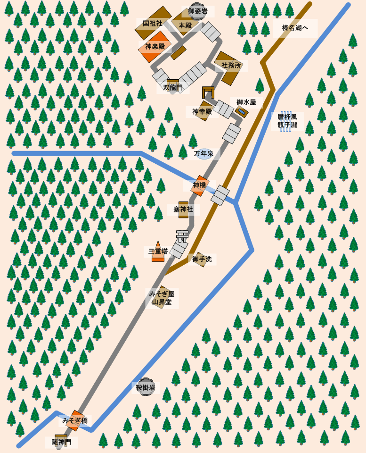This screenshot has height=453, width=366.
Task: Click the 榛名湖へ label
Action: [x=295, y=28]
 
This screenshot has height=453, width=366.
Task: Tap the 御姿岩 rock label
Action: [x=198, y=11]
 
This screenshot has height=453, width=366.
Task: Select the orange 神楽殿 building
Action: [x=155, y=47]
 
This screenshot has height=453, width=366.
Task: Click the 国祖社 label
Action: [x=153, y=23]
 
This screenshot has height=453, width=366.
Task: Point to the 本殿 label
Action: [x=185, y=25]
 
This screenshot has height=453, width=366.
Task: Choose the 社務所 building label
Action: [x=231, y=66]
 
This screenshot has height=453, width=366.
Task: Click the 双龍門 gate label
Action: [x=173, y=87]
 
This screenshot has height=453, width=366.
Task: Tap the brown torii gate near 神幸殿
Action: [x=208, y=92]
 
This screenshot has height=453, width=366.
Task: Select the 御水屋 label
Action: [x=246, y=102]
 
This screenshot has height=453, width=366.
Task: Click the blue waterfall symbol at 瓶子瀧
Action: [x=286, y=121]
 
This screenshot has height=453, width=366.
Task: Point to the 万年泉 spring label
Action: [x=204, y=154]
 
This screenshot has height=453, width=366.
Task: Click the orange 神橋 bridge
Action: [x=200, y=185]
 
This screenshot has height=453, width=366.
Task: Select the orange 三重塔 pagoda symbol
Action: [x=158, y=252]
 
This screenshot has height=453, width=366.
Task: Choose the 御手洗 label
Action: [x=202, y=259]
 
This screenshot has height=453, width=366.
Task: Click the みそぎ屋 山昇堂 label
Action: [x=162, y=298]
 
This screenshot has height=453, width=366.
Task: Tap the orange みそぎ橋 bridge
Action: [x=75, y=420]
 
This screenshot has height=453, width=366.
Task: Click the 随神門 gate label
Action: [x=62, y=442]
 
